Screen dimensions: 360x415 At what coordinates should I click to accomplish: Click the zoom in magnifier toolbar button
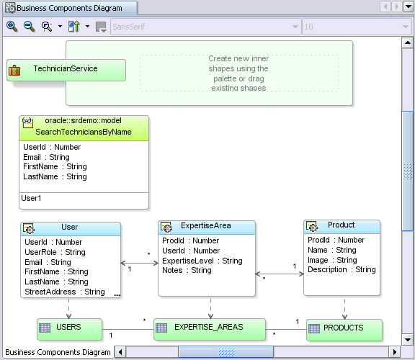click(12, 27)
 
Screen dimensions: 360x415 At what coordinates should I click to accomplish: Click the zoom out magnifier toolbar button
click(29, 27)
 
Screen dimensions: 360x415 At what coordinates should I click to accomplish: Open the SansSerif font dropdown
click(205, 27)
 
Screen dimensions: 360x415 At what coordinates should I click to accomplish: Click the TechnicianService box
click(66, 69)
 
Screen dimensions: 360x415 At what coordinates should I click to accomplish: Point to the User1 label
click(32, 198)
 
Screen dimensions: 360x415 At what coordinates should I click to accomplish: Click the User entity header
click(70, 228)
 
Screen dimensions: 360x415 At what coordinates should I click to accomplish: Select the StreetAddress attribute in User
click(64, 292)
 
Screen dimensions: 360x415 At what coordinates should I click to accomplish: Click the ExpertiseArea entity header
click(206, 226)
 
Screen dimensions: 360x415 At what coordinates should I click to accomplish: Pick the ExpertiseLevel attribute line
click(202, 261)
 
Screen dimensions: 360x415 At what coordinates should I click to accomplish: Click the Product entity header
click(342, 225)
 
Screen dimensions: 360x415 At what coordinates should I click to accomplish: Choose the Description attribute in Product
click(342, 269)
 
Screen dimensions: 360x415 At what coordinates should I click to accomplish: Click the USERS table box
click(68, 328)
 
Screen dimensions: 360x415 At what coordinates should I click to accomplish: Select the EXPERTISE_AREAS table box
click(208, 327)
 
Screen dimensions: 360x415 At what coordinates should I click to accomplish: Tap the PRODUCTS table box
click(343, 328)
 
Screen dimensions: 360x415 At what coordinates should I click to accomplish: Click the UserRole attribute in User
click(55, 253)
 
